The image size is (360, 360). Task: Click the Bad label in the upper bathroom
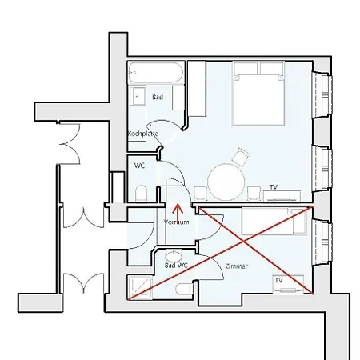tap(158, 97)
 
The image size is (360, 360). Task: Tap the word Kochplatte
tap(143, 134)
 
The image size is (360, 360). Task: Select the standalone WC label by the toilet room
tap(139, 166)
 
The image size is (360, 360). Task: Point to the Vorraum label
tap(177, 222)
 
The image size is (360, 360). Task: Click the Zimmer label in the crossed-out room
tap(236, 266)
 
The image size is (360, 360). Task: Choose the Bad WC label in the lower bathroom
tap(176, 266)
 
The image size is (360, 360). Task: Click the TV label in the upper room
tap(274, 187)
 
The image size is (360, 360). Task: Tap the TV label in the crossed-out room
tap(278, 280)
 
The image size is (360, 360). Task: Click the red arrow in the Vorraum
tap(178, 214)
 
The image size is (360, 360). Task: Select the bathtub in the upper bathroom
tap(156, 73)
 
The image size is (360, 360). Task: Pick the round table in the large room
tap(226, 182)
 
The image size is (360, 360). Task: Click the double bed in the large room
tap(258, 94)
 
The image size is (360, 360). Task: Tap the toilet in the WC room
tap(142, 194)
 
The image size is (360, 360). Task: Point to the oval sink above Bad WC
tap(174, 255)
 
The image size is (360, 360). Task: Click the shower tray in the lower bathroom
tap(140, 287)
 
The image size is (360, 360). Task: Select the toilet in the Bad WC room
tap(185, 290)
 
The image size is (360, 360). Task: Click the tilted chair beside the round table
tap(241, 157)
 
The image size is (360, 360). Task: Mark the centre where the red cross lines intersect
tap(243, 242)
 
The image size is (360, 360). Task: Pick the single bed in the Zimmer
tap(274, 222)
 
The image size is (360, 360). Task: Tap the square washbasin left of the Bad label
tap(138, 96)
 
